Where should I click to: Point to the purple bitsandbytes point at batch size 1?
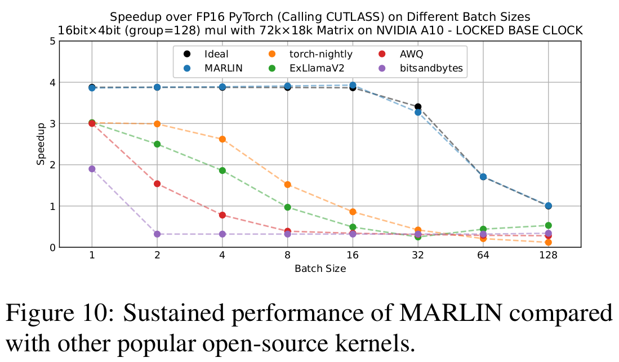pyautogui.click(x=92, y=169)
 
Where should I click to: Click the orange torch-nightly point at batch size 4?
pyautogui.click(x=222, y=139)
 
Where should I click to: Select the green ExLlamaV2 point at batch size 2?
pyautogui.click(x=157, y=144)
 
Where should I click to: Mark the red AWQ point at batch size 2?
pyautogui.click(x=157, y=184)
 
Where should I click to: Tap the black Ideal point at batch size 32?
pyautogui.click(x=418, y=107)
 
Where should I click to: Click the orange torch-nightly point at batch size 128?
pyautogui.click(x=548, y=243)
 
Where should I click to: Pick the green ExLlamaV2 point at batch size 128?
pyautogui.click(x=548, y=225)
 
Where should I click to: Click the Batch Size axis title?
pyautogui.click(x=320, y=269)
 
